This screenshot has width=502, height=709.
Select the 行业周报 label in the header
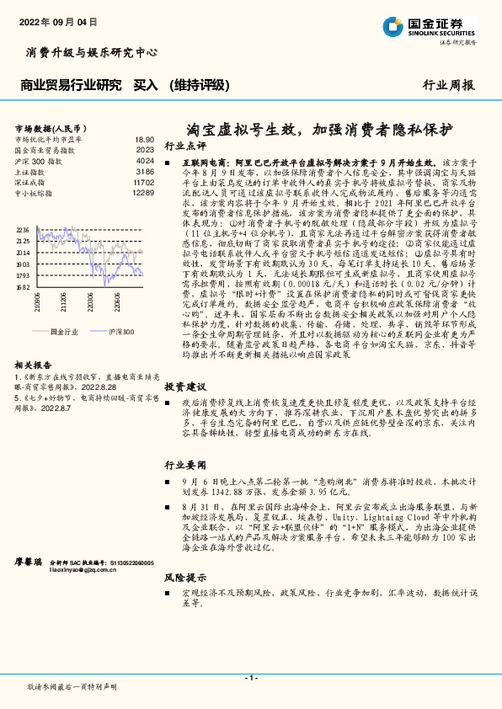[447, 85]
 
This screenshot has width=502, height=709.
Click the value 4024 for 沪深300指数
[144, 160]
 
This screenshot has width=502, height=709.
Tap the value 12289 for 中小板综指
[142, 193]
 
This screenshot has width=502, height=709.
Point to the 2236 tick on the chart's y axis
[23, 229]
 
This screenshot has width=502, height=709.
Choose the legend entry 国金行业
[63, 333]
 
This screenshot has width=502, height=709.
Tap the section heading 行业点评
[184, 145]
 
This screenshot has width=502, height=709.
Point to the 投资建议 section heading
[184, 386]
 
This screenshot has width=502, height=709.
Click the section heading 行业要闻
[184, 465]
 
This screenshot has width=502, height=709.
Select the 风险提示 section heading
[184, 578]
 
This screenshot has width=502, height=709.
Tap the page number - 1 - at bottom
[250, 678]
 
